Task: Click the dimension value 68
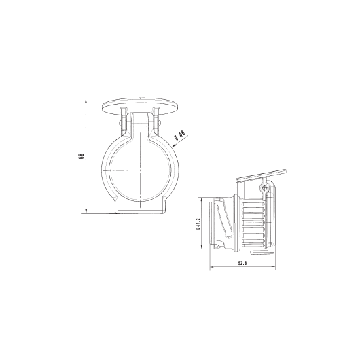click(81, 156)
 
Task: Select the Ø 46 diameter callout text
click(181, 135)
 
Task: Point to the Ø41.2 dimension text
click(197, 223)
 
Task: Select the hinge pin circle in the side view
click(264, 186)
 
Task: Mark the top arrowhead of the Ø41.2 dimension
click(202, 199)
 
